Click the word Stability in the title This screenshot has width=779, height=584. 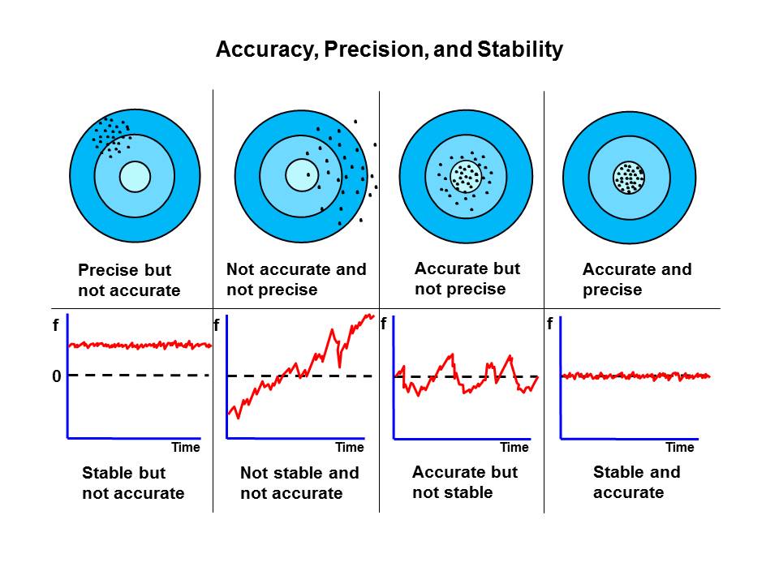click(x=519, y=49)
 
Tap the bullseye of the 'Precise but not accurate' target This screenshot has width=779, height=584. click(x=135, y=177)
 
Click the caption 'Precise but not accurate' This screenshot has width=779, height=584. click(x=129, y=280)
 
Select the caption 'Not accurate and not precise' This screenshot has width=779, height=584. click(x=296, y=279)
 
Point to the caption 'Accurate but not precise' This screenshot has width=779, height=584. click(x=467, y=278)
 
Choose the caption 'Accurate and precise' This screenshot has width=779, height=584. click(x=637, y=279)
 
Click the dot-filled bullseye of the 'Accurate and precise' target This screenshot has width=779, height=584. click(x=629, y=178)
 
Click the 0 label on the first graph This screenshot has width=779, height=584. click(x=57, y=376)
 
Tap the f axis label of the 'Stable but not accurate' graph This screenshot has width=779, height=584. click(x=56, y=325)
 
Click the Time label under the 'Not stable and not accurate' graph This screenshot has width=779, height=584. click(x=350, y=448)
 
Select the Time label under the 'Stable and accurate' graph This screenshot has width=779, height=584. click(x=680, y=448)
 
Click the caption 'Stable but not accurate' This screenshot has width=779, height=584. click(x=133, y=483)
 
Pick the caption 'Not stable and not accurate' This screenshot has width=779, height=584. click(x=299, y=483)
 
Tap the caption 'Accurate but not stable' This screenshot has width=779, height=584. click(x=465, y=482)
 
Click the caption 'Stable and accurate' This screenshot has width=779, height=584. click(x=636, y=482)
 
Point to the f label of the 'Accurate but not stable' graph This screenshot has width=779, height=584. click(x=384, y=324)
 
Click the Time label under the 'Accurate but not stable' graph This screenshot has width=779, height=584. click(x=514, y=448)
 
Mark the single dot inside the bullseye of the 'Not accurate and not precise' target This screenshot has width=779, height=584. click(x=308, y=175)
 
